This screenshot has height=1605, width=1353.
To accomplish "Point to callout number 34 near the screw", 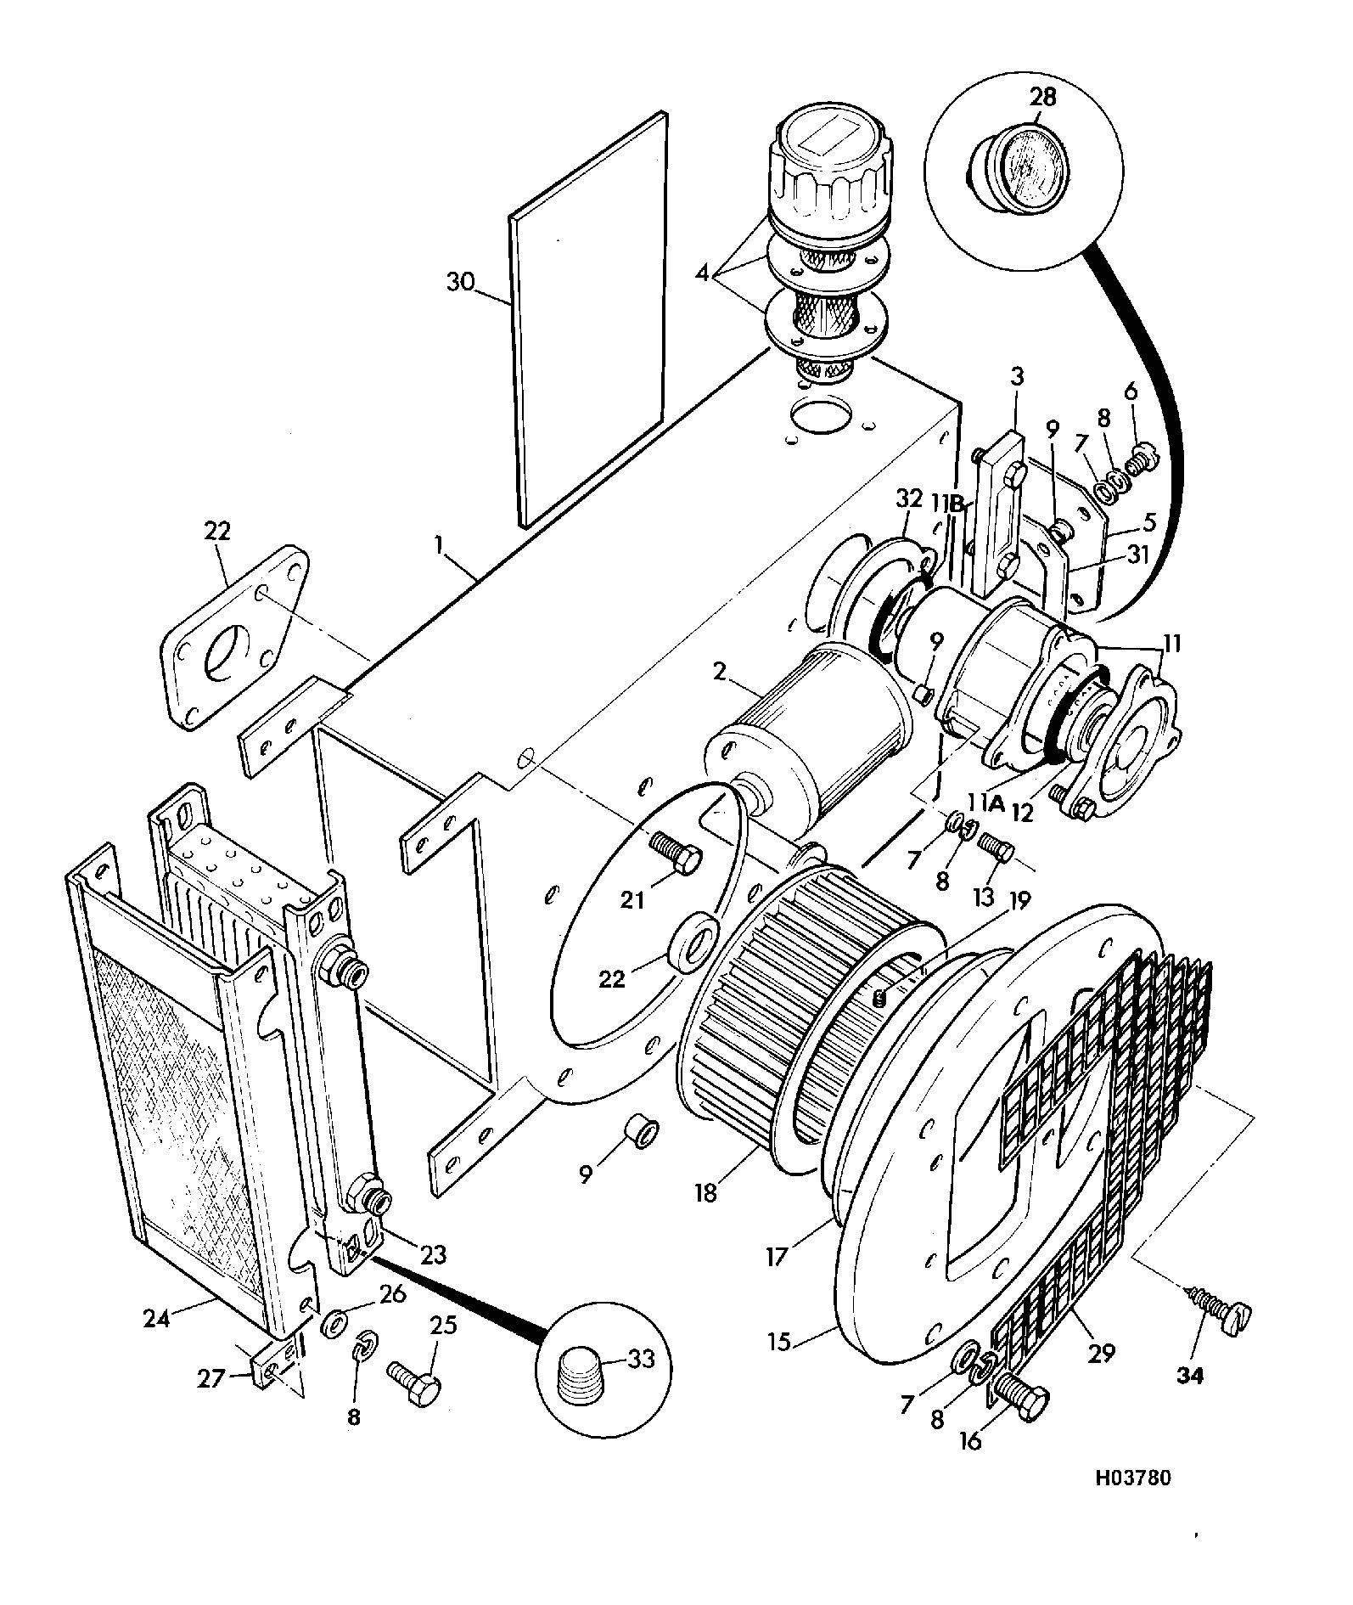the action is (1190, 1399).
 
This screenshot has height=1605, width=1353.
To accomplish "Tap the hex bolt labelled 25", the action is (414, 1382).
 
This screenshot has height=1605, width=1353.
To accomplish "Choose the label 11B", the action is (950, 503).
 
